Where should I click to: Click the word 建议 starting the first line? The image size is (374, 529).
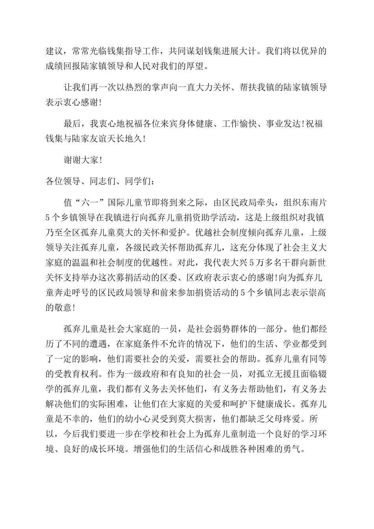(x=55, y=51)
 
